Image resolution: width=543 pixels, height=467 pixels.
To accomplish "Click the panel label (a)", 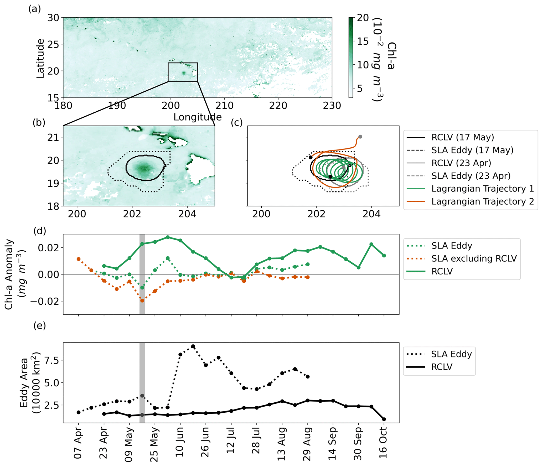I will [35, 9].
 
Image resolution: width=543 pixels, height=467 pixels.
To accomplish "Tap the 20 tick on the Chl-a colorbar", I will [363, 18].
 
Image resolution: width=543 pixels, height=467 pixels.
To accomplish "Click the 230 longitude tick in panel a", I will [332, 106].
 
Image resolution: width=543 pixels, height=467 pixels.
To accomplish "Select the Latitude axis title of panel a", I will [40, 58].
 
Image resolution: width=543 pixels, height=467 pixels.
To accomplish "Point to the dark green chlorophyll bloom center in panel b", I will [144, 168].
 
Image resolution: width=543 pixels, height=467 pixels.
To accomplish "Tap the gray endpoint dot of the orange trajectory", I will [360, 137].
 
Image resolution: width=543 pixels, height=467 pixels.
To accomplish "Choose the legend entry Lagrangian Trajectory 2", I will [470, 201].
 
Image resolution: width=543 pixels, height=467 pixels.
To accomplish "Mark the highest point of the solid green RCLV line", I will [168, 237].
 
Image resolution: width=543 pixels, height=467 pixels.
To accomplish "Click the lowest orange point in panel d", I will [142, 300].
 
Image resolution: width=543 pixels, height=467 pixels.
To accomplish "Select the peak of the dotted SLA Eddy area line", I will [193, 346].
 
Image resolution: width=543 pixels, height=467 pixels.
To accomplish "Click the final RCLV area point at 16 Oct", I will [384, 419].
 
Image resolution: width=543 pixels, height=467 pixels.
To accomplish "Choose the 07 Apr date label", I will [78, 444].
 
